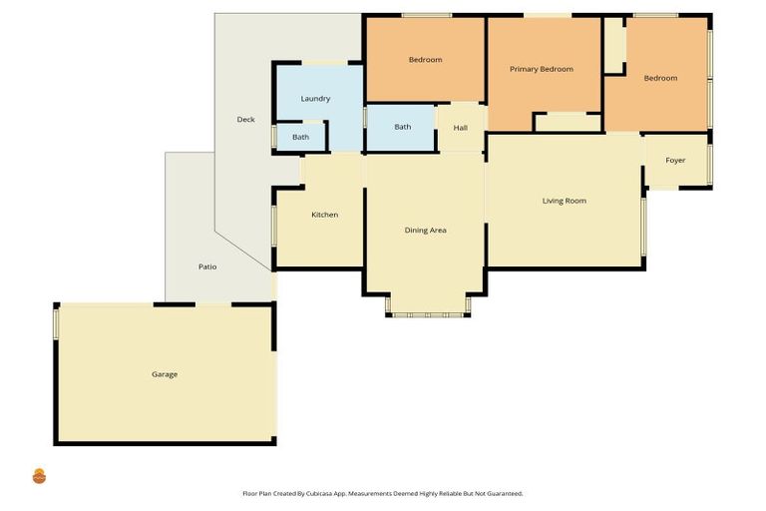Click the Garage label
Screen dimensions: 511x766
click(x=165, y=374)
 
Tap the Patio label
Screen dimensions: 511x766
click(x=207, y=266)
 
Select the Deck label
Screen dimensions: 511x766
click(x=245, y=120)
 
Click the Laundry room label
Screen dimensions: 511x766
click(x=315, y=99)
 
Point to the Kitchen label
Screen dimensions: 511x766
click(x=324, y=215)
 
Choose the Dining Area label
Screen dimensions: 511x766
click(x=425, y=231)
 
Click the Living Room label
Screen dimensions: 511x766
click(x=564, y=201)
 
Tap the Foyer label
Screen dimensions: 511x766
click(x=675, y=160)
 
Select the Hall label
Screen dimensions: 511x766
click(x=460, y=128)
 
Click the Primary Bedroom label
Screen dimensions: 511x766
click(x=542, y=69)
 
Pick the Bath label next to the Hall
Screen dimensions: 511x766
click(x=402, y=127)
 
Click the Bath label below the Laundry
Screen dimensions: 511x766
click(x=300, y=137)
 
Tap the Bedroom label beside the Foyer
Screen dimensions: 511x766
click(x=659, y=78)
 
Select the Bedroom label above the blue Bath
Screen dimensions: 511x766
click(x=425, y=60)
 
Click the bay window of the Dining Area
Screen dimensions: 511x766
click(x=428, y=314)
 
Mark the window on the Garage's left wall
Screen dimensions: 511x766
click(x=57, y=323)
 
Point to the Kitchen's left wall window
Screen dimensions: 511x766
click(x=274, y=225)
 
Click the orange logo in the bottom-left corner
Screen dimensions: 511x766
click(x=39, y=476)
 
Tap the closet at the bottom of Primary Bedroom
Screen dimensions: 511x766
click(x=567, y=122)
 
